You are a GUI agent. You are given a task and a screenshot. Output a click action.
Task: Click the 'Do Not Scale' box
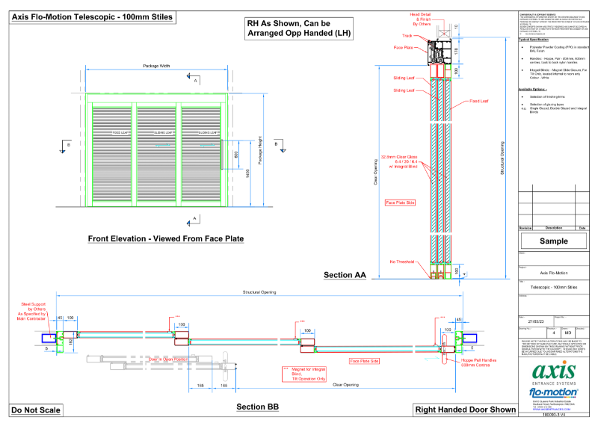pos(36,410)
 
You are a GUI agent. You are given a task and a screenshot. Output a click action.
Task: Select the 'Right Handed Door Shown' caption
pos(465,410)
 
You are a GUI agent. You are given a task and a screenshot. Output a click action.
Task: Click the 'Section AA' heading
pos(345,275)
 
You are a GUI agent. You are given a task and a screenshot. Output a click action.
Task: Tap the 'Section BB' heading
pos(257,407)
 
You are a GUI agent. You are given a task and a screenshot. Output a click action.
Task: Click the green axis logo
pos(553,371)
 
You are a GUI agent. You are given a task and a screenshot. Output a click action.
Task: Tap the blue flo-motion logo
pos(553,391)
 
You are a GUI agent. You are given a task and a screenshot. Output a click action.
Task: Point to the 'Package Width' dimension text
pos(156,66)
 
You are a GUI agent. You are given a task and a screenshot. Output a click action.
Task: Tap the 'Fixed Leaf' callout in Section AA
pos(479,100)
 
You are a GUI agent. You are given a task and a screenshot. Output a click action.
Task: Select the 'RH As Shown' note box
pos(299,28)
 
